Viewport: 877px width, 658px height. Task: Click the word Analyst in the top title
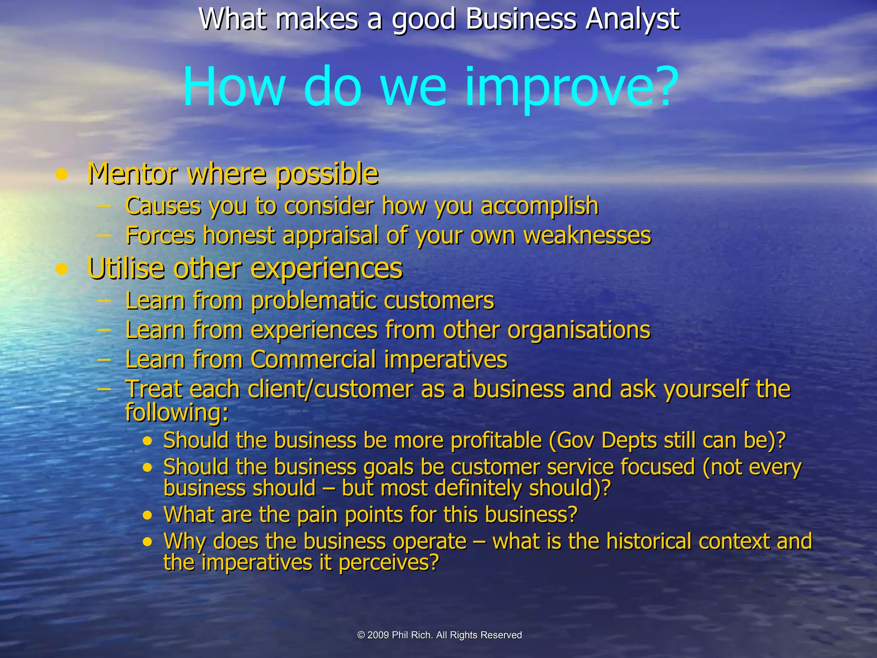(632, 19)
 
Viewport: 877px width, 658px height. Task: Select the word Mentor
(132, 174)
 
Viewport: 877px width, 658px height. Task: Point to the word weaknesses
(587, 236)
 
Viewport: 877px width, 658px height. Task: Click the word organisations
(579, 330)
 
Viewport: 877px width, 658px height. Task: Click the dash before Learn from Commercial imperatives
(104, 359)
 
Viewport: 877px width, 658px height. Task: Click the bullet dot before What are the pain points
(148, 515)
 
